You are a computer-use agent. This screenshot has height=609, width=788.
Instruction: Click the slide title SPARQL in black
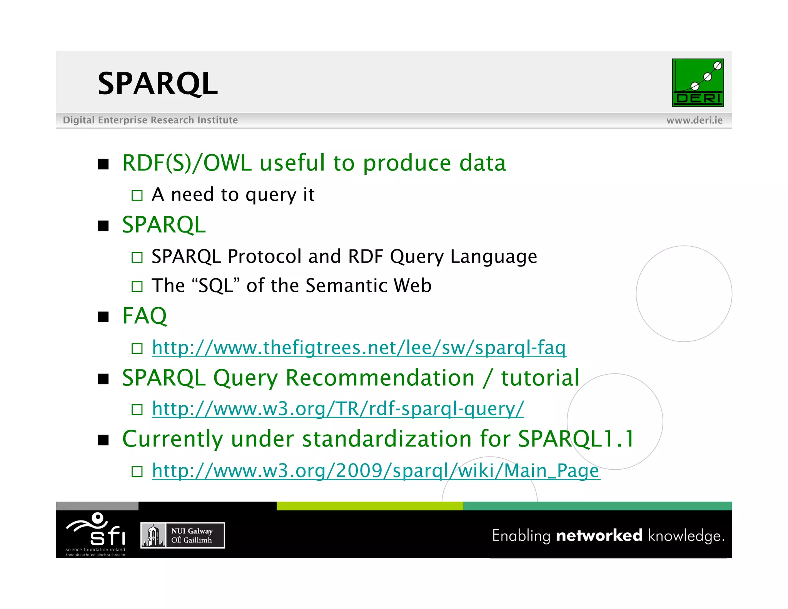[157, 84]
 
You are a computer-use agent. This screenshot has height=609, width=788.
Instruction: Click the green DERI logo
[698, 83]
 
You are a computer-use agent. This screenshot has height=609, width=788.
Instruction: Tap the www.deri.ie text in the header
[694, 120]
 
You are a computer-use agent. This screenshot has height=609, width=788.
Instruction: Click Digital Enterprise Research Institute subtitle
[150, 120]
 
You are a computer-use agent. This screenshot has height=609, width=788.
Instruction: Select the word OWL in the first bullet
[227, 163]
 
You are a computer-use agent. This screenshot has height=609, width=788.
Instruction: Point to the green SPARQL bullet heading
[164, 225]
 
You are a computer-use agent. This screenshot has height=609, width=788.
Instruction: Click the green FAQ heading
[145, 316]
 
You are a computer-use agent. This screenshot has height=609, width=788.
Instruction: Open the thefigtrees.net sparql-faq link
[359, 348]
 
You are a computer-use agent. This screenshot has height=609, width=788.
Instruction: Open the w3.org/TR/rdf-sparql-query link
[337, 408]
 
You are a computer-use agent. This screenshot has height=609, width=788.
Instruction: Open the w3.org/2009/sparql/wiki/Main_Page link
[376, 470]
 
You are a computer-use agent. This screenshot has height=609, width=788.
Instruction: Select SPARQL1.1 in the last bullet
[576, 439]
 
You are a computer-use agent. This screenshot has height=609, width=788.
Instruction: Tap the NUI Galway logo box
[182, 535]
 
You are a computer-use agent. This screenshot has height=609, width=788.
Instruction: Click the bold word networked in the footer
[599, 535]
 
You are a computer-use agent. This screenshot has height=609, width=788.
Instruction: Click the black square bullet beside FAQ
[103, 317]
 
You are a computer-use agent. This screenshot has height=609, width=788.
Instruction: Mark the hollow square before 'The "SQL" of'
[137, 286]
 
